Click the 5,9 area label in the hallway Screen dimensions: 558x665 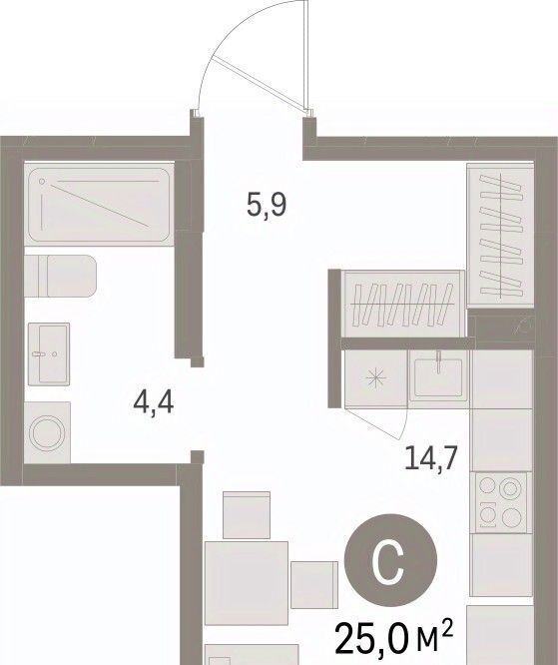267,206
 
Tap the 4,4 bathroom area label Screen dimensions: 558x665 153,402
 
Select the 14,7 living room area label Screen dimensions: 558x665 431,458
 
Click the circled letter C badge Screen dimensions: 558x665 390,560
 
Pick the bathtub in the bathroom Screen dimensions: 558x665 99,205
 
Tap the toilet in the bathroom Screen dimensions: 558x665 60,277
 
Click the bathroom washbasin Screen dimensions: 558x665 49,354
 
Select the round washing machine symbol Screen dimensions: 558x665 47,432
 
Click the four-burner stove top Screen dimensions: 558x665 500,502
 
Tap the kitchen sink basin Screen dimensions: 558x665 438,376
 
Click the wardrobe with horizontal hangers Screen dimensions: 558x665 402,305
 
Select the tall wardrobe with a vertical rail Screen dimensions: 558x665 500,235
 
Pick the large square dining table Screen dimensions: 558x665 247,583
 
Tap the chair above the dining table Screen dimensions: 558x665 247,515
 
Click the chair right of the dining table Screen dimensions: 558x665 314,585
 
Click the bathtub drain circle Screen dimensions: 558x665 42,182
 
